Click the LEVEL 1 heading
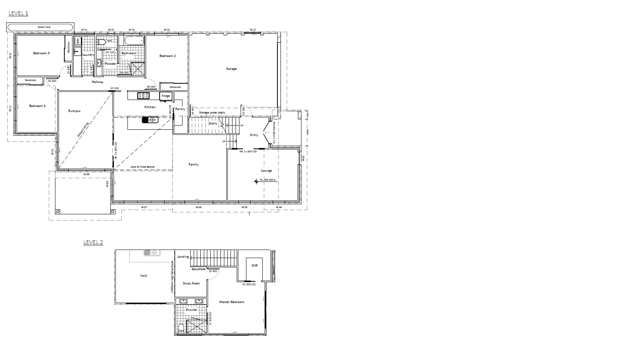click(x=18, y=13)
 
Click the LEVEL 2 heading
click(x=93, y=243)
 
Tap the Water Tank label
click(x=44, y=27)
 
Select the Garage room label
click(x=231, y=69)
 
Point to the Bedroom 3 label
click(x=41, y=53)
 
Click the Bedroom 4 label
click(x=37, y=106)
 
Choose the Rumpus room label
click(x=74, y=111)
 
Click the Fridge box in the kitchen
click(x=166, y=96)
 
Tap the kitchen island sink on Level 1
click(x=150, y=120)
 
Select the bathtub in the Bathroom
click(x=134, y=40)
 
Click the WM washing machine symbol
click(x=77, y=41)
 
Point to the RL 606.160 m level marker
click(x=256, y=181)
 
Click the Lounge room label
click(x=267, y=171)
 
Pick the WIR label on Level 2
click(x=254, y=265)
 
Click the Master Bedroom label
click(x=232, y=302)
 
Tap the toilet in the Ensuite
click(x=181, y=329)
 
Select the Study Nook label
click(x=191, y=284)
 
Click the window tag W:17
click(x=253, y=29)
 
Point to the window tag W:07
click(x=144, y=207)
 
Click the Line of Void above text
click(x=143, y=167)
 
